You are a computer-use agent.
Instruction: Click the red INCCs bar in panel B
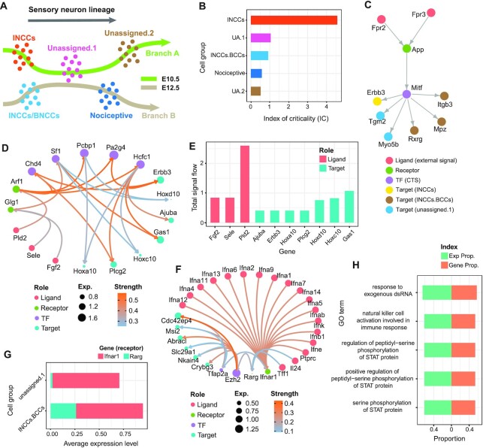click(294, 20)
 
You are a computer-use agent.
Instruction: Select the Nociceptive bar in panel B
click(256, 73)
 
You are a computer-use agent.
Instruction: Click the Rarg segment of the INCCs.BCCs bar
click(63, 408)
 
